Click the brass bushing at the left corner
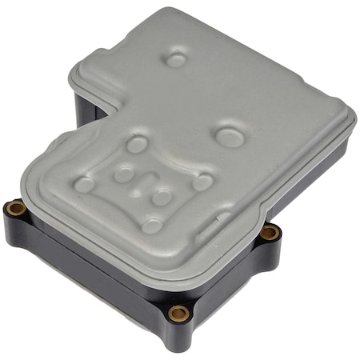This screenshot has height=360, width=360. coord(14,210)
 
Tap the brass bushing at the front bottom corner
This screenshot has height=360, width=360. coord(178,312)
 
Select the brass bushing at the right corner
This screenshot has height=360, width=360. coord(270,232)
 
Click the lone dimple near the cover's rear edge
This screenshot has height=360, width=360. coord(175,58)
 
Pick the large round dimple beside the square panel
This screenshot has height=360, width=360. coord(227,135)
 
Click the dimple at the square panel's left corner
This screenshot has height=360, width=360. coord(84,184)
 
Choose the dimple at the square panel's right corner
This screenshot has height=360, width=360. coord(202,182)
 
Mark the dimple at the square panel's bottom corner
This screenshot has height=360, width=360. coord(151,225)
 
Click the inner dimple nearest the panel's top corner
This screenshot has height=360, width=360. coord(124,174)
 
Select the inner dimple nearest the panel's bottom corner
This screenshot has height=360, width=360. coord(162,197)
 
